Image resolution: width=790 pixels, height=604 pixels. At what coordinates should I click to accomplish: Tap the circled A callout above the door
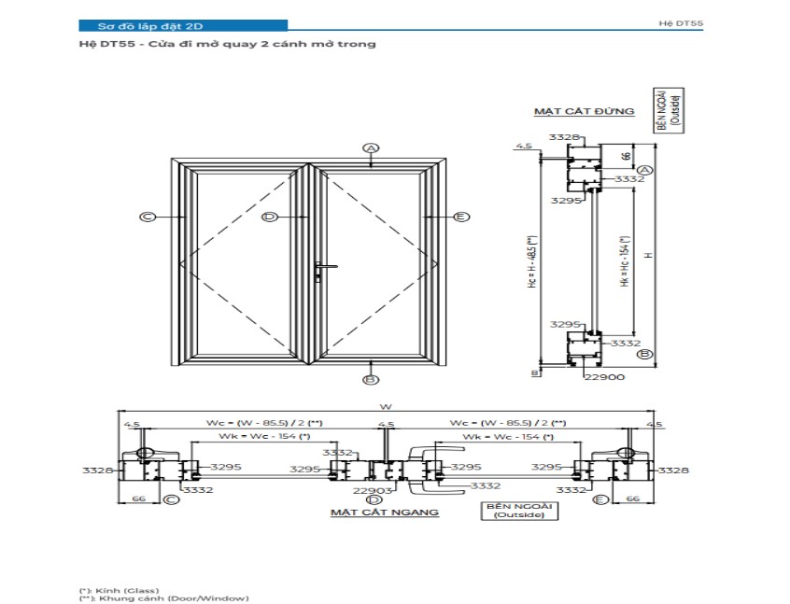click(x=372, y=148)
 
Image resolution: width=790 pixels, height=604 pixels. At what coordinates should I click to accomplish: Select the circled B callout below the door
click(x=371, y=380)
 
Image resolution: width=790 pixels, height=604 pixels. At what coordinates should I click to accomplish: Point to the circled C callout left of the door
click(x=148, y=217)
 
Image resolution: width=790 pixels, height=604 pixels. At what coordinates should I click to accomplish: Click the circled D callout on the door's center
click(x=270, y=217)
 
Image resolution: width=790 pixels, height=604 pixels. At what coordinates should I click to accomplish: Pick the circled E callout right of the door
click(x=460, y=217)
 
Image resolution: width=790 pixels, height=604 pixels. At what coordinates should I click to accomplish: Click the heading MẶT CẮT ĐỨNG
click(x=584, y=111)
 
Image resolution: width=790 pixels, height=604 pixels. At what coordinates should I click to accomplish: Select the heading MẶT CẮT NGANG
click(x=384, y=513)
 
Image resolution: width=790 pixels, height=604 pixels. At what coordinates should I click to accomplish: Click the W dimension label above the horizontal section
click(x=385, y=406)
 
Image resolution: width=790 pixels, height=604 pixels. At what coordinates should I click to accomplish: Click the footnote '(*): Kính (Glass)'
click(x=119, y=590)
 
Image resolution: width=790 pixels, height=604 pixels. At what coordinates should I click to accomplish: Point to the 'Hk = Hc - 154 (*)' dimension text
click(x=625, y=260)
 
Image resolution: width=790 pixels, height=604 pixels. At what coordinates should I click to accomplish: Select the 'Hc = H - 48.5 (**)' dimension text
click(x=532, y=260)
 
